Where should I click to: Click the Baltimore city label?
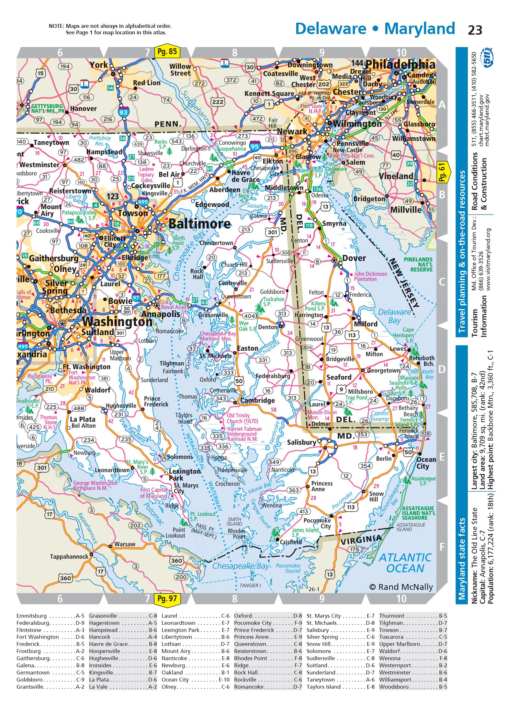click(199, 224)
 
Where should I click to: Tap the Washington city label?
click(117, 322)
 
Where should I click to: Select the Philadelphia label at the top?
click(400, 64)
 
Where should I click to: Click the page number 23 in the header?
click(475, 30)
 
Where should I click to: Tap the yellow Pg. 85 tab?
click(167, 52)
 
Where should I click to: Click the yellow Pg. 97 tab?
click(167, 598)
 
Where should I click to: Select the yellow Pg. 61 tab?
click(442, 172)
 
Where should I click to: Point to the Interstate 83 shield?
click(123, 112)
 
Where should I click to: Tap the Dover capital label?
click(354, 258)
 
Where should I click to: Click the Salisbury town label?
click(301, 442)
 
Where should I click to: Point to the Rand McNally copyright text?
click(401, 587)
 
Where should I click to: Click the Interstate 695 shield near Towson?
click(143, 202)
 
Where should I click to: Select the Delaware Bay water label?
click(394, 316)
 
